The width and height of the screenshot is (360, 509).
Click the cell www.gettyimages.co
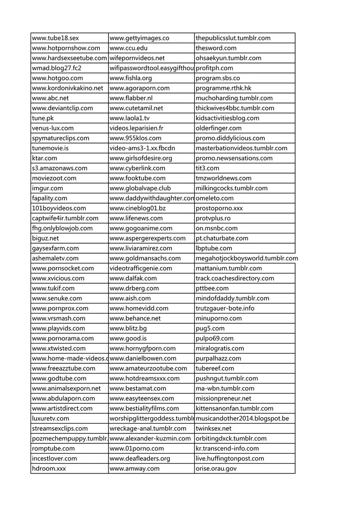(x=139, y=38)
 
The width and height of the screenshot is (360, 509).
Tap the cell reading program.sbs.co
(x=218, y=78)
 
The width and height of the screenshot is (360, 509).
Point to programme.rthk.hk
(x=224, y=88)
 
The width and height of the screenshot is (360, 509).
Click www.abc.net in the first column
(x=50, y=98)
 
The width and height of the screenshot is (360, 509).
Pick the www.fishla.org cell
(x=131, y=78)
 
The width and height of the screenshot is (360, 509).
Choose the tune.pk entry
(x=42, y=118)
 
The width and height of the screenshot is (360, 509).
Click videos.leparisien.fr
(x=136, y=128)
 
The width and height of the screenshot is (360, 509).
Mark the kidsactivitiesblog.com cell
(x=227, y=118)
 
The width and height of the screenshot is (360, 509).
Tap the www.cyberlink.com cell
(x=137, y=168)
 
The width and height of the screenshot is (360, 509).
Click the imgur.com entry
(x=48, y=188)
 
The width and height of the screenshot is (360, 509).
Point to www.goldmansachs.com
(x=145, y=258)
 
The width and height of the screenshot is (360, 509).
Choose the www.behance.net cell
(x=135, y=318)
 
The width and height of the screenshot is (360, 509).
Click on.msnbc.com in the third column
(x=216, y=228)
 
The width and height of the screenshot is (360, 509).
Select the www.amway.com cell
(x=135, y=469)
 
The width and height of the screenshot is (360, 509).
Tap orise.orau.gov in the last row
(x=216, y=469)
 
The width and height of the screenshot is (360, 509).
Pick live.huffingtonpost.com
(x=230, y=459)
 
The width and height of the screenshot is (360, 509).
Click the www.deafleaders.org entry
(x=140, y=459)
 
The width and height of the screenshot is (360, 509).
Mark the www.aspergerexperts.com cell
(x=148, y=238)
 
